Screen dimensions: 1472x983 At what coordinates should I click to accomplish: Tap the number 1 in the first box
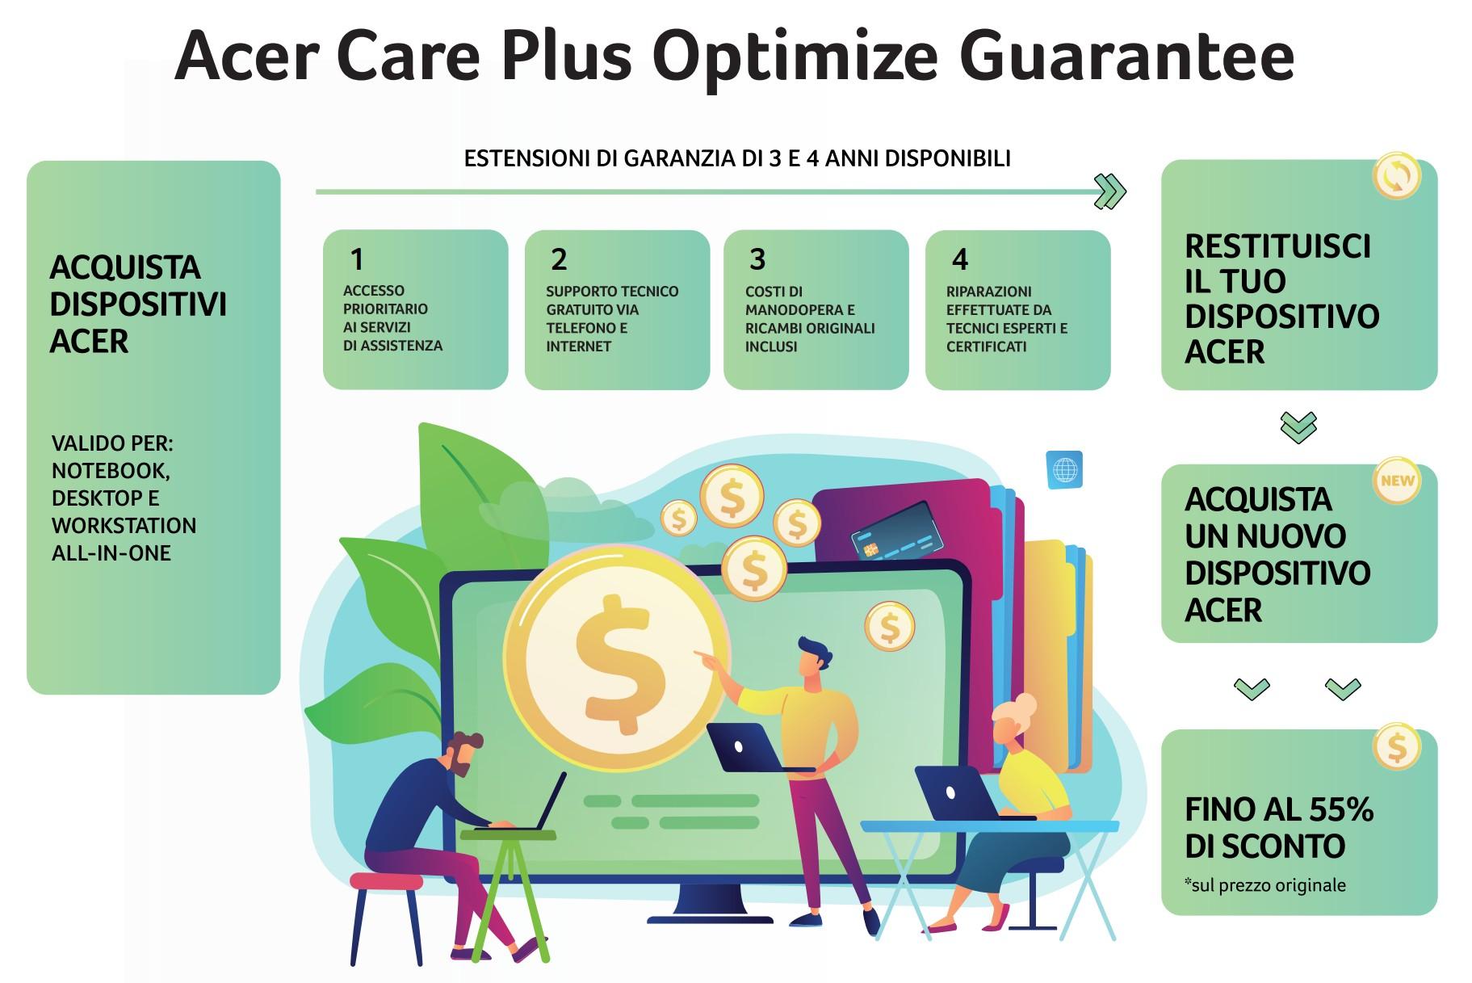pos(357,259)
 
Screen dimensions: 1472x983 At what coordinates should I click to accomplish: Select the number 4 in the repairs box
pos(960,259)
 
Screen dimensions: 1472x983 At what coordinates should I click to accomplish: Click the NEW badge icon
pos(1397,481)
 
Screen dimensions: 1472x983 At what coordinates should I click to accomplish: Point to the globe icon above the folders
pos(1065,469)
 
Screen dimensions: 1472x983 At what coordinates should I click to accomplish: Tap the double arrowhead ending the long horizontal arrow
pos(1110,192)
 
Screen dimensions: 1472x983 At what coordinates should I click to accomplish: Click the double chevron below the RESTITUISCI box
pos(1298,427)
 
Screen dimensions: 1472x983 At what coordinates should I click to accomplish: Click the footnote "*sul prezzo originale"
pos(1265,885)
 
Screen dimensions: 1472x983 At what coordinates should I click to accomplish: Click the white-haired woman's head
pos(1011,720)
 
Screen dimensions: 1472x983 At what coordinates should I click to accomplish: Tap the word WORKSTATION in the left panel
pos(124,526)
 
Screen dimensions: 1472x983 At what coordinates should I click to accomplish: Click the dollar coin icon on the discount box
pos(1397,747)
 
